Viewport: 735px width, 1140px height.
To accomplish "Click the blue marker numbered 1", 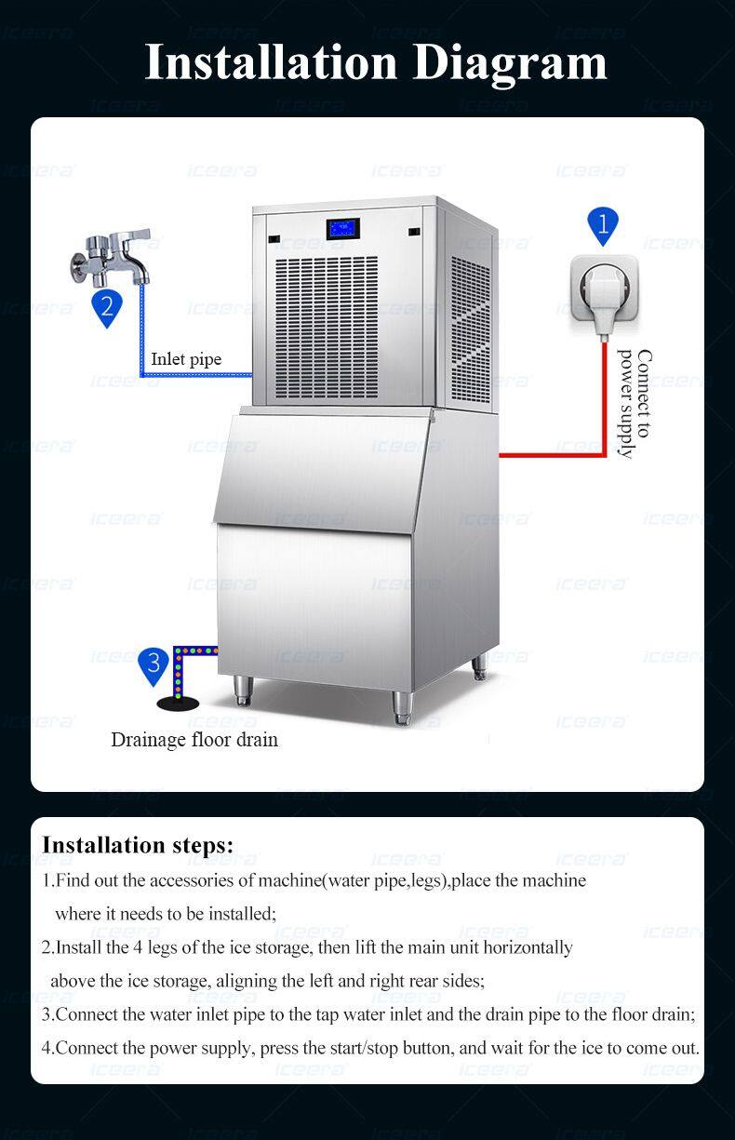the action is pos(603,225).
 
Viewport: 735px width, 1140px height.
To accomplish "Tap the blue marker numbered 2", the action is pos(107,308).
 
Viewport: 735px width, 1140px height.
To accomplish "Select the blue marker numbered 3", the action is pos(154,665).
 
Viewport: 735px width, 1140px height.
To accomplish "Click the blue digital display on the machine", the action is pos(342,229).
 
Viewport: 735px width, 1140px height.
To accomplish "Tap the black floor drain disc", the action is pos(178,704).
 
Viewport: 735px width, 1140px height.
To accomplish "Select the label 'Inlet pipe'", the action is pos(186,359).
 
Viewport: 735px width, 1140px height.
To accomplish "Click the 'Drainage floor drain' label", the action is pos(194,740).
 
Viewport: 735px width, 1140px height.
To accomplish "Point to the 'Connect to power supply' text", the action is pos(635,404).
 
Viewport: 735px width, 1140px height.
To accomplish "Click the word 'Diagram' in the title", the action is pos(510,64).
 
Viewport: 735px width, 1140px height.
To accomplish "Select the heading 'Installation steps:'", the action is pos(138,845).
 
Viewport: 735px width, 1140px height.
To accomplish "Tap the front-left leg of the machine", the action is pos(243,691).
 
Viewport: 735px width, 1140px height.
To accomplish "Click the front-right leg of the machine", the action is pos(402,707).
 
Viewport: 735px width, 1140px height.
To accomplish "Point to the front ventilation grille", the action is pos(327,328).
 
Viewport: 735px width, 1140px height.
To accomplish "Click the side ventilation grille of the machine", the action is pos(471,329).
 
